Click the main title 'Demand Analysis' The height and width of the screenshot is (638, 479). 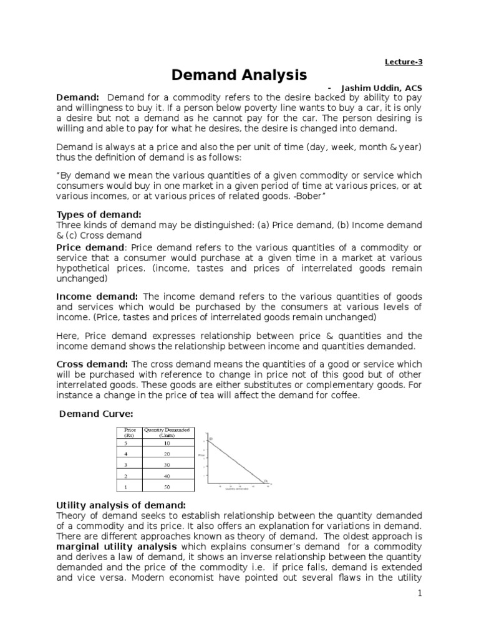point(239,75)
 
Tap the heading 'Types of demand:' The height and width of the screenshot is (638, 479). point(99,214)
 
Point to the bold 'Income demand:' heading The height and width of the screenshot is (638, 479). point(98,296)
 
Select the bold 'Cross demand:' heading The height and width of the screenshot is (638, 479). point(93,364)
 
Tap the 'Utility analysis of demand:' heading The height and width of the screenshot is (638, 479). point(121,505)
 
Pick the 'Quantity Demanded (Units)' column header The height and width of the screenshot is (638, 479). point(168,432)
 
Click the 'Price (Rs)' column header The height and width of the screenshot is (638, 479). point(130,432)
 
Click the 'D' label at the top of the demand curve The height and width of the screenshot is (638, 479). point(211,440)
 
